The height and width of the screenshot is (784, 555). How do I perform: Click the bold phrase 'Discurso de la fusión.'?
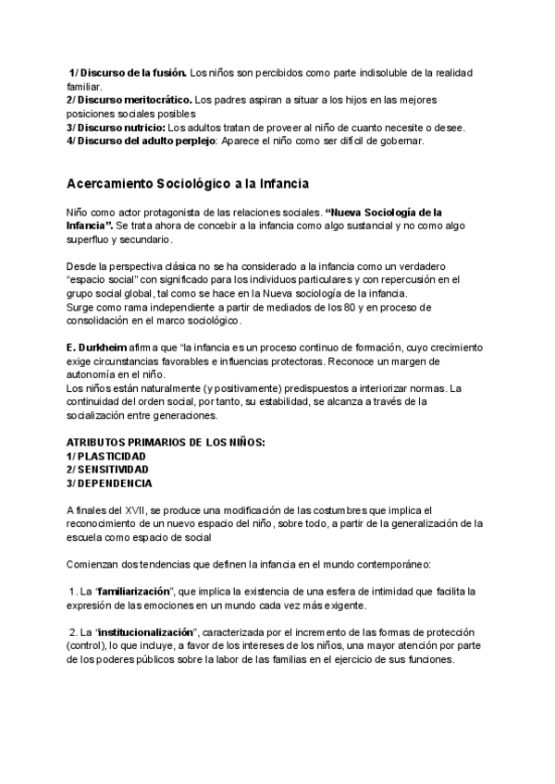click(132, 71)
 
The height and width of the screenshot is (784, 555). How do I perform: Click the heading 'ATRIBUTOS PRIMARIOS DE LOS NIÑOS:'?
click(166, 442)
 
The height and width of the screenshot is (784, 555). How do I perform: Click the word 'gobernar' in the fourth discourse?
click(399, 141)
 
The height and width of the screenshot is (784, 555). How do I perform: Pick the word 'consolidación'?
click(101, 320)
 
